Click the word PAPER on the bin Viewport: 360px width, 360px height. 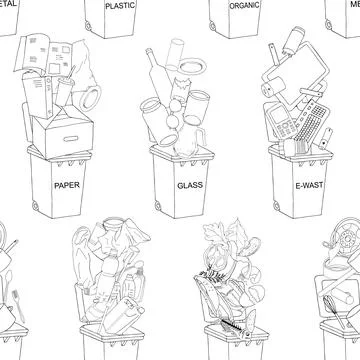point(69,185)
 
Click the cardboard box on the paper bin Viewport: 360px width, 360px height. point(63,131)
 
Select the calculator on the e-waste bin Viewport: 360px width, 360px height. point(281,121)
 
